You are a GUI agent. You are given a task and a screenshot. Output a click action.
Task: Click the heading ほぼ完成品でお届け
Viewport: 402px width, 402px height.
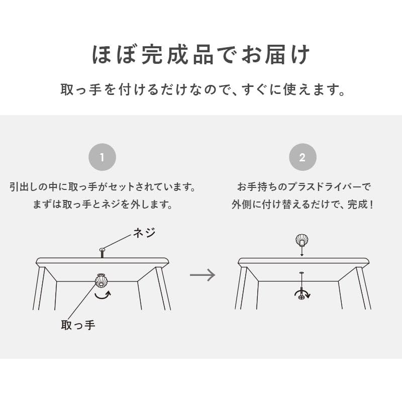[x=201, y=55]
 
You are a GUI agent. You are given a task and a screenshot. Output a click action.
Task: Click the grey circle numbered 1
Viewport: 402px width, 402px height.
[x=102, y=157]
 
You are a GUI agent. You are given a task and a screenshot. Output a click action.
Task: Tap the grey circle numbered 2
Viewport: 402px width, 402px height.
[x=303, y=157]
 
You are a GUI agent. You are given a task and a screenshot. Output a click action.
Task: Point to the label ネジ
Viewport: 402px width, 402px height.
[x=144, y=233]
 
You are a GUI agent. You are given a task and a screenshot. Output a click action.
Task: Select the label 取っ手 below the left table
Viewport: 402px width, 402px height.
[x=78, y=325]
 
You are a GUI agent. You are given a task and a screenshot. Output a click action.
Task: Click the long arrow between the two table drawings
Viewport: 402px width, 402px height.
[x=203, y=275]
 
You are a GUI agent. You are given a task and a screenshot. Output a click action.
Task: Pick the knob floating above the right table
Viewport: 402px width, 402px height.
[x=302, y=240]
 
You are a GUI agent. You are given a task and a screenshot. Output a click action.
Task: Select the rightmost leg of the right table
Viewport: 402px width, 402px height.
[x=364, y=288]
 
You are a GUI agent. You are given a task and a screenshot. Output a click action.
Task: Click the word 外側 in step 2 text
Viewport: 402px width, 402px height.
[x=241, y=205]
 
